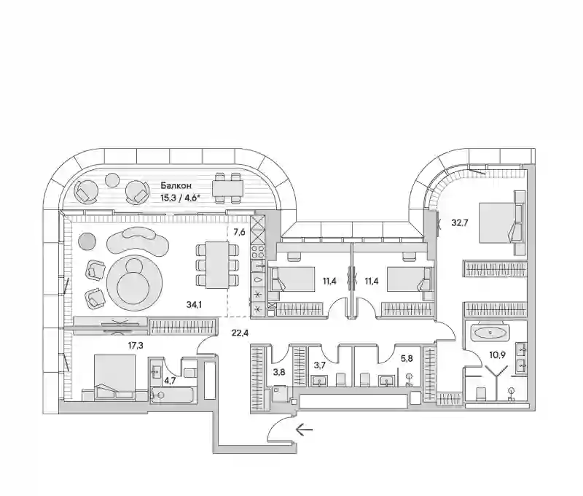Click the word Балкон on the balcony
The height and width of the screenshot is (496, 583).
[176, 185]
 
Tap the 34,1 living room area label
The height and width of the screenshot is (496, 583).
[194, 305]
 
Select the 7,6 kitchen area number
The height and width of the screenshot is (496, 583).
[239, 233]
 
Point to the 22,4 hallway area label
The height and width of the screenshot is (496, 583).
[240, 333]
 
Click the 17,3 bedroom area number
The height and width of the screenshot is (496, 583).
[136, 346]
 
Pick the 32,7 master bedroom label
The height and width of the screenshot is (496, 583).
[460, 223]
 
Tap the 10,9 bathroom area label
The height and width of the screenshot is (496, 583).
[497, 354]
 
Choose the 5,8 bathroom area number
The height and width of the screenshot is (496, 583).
[407, 360]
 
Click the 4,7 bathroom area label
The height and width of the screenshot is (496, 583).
[170, 380]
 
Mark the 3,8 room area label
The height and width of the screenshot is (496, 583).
[279, 371]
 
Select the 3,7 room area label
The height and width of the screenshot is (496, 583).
[320, 365]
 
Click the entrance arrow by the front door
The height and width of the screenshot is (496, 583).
[304, 430]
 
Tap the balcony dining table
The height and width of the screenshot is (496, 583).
[228, 188]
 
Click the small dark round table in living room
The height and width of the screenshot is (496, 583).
[87, 241]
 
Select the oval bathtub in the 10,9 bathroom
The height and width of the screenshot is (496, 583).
[489, 333]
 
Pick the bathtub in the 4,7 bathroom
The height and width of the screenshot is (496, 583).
[172, 395]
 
